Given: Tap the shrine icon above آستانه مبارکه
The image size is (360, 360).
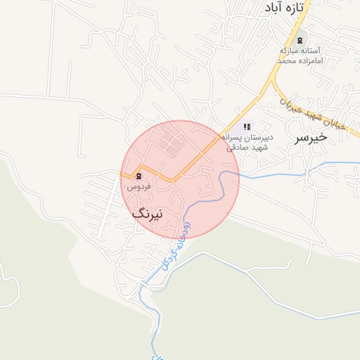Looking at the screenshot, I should coord(301,40).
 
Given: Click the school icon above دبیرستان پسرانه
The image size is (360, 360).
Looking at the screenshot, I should coord(247,127).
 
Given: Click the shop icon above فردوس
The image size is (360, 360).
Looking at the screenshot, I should coord(139,176).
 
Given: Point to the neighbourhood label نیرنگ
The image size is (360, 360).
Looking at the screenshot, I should coord(147,213).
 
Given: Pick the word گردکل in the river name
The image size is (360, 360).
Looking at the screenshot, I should coord(167,257).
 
